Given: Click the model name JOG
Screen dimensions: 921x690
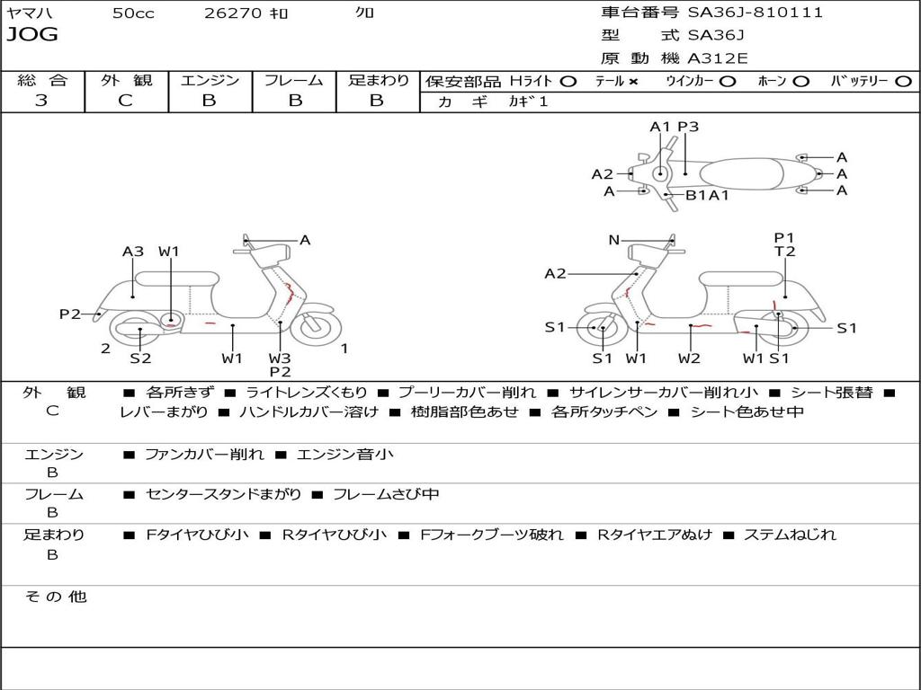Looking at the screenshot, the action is click(x=32, y=34).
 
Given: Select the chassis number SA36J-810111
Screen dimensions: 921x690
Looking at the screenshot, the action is click(x=756, y=13).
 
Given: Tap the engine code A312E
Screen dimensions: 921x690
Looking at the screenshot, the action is click(x=717, y=58).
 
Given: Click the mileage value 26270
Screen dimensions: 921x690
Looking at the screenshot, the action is click(x=233, y=13).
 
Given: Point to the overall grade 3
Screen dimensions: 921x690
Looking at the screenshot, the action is click(x=41, y=100).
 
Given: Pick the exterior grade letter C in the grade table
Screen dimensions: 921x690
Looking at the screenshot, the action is click(x=126, y=100).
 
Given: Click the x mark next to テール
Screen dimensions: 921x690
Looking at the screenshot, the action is click(x=632, y=82).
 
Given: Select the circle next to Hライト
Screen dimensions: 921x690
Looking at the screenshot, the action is click(x=568, y=82).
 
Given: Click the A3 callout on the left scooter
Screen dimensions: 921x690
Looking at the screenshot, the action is click(x=133, y=252).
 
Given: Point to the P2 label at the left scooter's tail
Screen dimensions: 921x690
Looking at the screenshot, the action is click(x=70, y=314).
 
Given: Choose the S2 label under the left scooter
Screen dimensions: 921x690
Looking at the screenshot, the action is click(x=140, y=358).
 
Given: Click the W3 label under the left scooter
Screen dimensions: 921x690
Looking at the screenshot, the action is click(x=280, y=358).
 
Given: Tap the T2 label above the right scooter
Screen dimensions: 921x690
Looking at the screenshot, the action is click(x=784, y=252).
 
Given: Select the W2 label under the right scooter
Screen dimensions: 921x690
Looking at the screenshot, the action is click(x=689, y=358).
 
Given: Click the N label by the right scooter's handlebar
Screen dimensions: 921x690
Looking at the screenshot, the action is click(x=613, y=239).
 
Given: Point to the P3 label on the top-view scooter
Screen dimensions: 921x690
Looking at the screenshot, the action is click(x=688, y=126).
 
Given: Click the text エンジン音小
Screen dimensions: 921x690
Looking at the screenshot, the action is click(x=345, y=454).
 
